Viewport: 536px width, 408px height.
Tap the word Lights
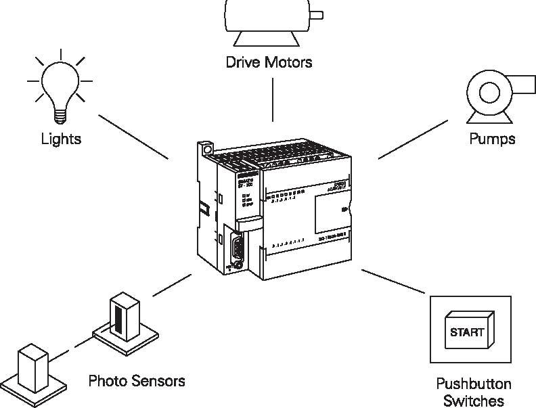coord(61,139)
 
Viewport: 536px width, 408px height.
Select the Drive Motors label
coord(269,63)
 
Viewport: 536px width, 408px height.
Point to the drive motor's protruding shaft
coord(317,14)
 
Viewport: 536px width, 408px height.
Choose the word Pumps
coord(492,139)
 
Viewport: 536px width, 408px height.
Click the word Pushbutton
coord(474,384)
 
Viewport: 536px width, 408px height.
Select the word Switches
coord(474,401)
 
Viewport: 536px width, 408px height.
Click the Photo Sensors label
coord(137,381)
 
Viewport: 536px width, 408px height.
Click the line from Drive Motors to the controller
coord(273,98)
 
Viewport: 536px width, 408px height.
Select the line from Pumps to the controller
coord(413,140)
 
